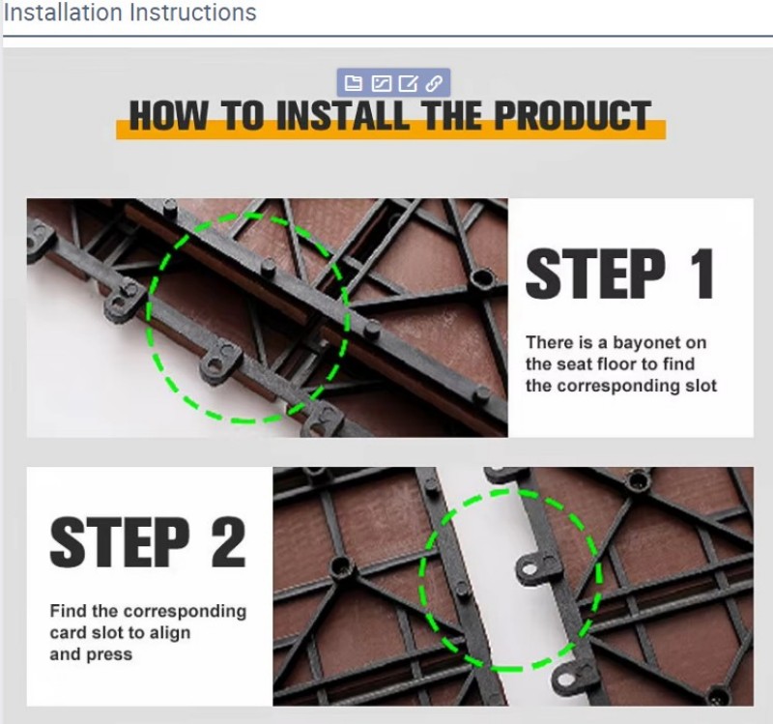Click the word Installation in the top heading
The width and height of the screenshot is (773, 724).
[63, 13]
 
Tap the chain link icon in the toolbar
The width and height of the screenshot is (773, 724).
[434, 83]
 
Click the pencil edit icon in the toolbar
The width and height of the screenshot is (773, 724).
[408, 83]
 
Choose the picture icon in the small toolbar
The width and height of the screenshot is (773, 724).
[381, 83]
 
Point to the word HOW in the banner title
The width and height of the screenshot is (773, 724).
[168, 116]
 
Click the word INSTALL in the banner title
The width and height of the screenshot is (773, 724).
[343, 116]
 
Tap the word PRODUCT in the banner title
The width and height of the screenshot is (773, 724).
[572, 116]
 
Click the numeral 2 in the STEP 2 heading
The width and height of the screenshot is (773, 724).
[228, 542]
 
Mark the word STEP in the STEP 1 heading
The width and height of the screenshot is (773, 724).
[595, 274]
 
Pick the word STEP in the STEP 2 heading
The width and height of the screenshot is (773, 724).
[120, 542]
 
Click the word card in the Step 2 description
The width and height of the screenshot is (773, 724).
[68, 632]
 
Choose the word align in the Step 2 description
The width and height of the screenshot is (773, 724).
[170, 633]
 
